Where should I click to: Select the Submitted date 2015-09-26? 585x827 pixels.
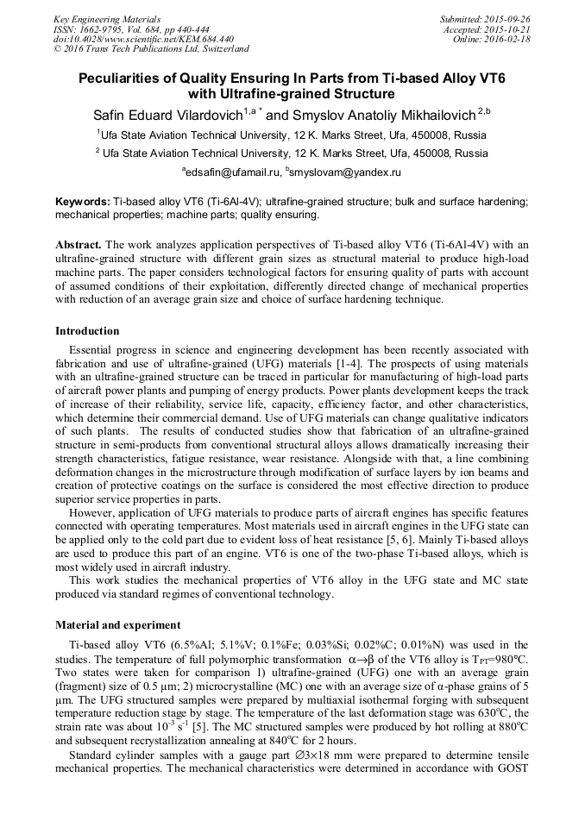coord(509,18)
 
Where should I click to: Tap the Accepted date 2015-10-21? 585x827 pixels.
coord(511,28)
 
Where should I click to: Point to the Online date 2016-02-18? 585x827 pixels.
coord(512,39)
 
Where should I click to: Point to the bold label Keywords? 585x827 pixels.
coord(83,201)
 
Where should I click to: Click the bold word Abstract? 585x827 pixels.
coord(80,245)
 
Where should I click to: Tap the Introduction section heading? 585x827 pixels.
coord(87,331)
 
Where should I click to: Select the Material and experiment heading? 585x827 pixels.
coord(117,624)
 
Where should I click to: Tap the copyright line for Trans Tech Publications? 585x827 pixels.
coord(151,49)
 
